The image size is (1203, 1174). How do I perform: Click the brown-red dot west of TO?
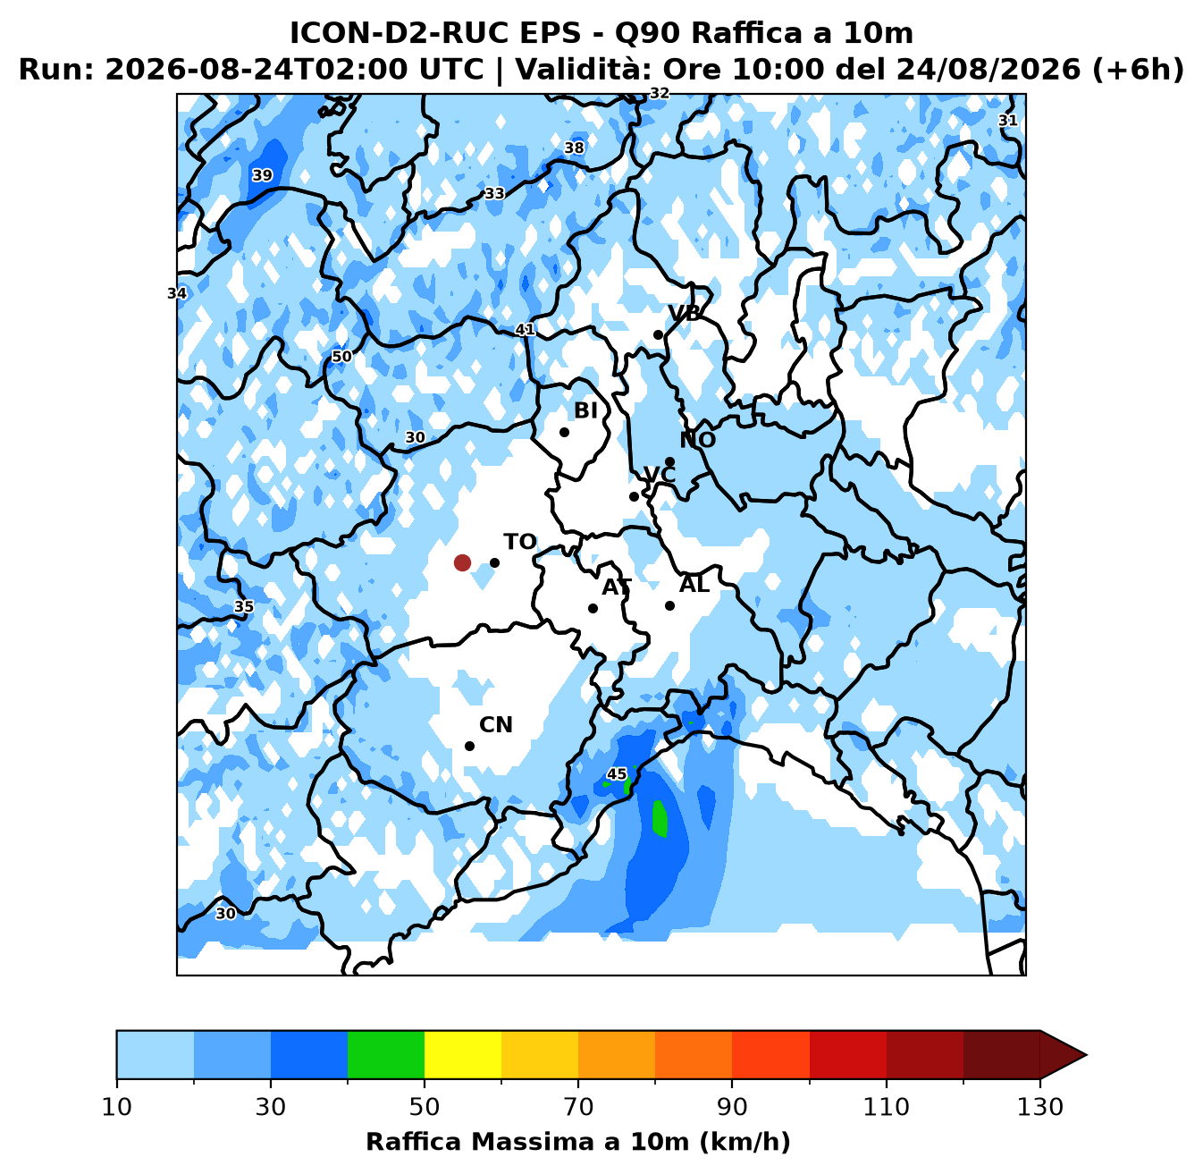[x=462, y=562]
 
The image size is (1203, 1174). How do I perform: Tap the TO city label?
[x=520, y=542]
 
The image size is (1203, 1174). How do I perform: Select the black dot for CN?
[x=469, y=746]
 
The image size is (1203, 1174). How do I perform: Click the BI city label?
[x=585, y=410]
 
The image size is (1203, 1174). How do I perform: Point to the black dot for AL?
[x=669, y=605]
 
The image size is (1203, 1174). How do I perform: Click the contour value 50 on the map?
[x=341, y=356]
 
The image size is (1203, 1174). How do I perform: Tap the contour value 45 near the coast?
[x=617, y=773]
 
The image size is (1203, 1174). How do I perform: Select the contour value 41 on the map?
[x=525, y=330]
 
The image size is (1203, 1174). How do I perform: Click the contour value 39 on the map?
[x=262, y=175]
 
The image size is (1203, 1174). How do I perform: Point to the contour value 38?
[x=575, y=148]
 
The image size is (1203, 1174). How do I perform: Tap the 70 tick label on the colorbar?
[x=578, y=1107]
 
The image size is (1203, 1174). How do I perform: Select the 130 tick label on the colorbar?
[x=1039, y=1107]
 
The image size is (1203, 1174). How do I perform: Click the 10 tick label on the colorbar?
[x=117, y=1107]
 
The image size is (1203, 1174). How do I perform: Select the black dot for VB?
[x=659, y=334]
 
